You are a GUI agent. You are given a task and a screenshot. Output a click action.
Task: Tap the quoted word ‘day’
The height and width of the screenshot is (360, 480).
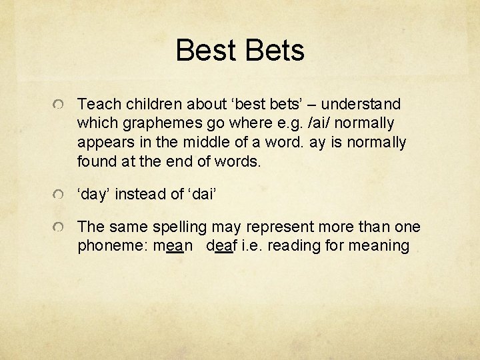(94, 194)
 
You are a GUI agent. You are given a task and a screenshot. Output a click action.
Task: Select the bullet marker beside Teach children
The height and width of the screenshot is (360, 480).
(59, 105)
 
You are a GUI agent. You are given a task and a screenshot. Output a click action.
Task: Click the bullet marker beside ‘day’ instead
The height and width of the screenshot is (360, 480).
(59, 195)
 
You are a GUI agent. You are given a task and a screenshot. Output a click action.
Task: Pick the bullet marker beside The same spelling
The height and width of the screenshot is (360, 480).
(59, 228)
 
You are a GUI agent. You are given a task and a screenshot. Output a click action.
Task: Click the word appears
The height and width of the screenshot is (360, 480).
(104, 143)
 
